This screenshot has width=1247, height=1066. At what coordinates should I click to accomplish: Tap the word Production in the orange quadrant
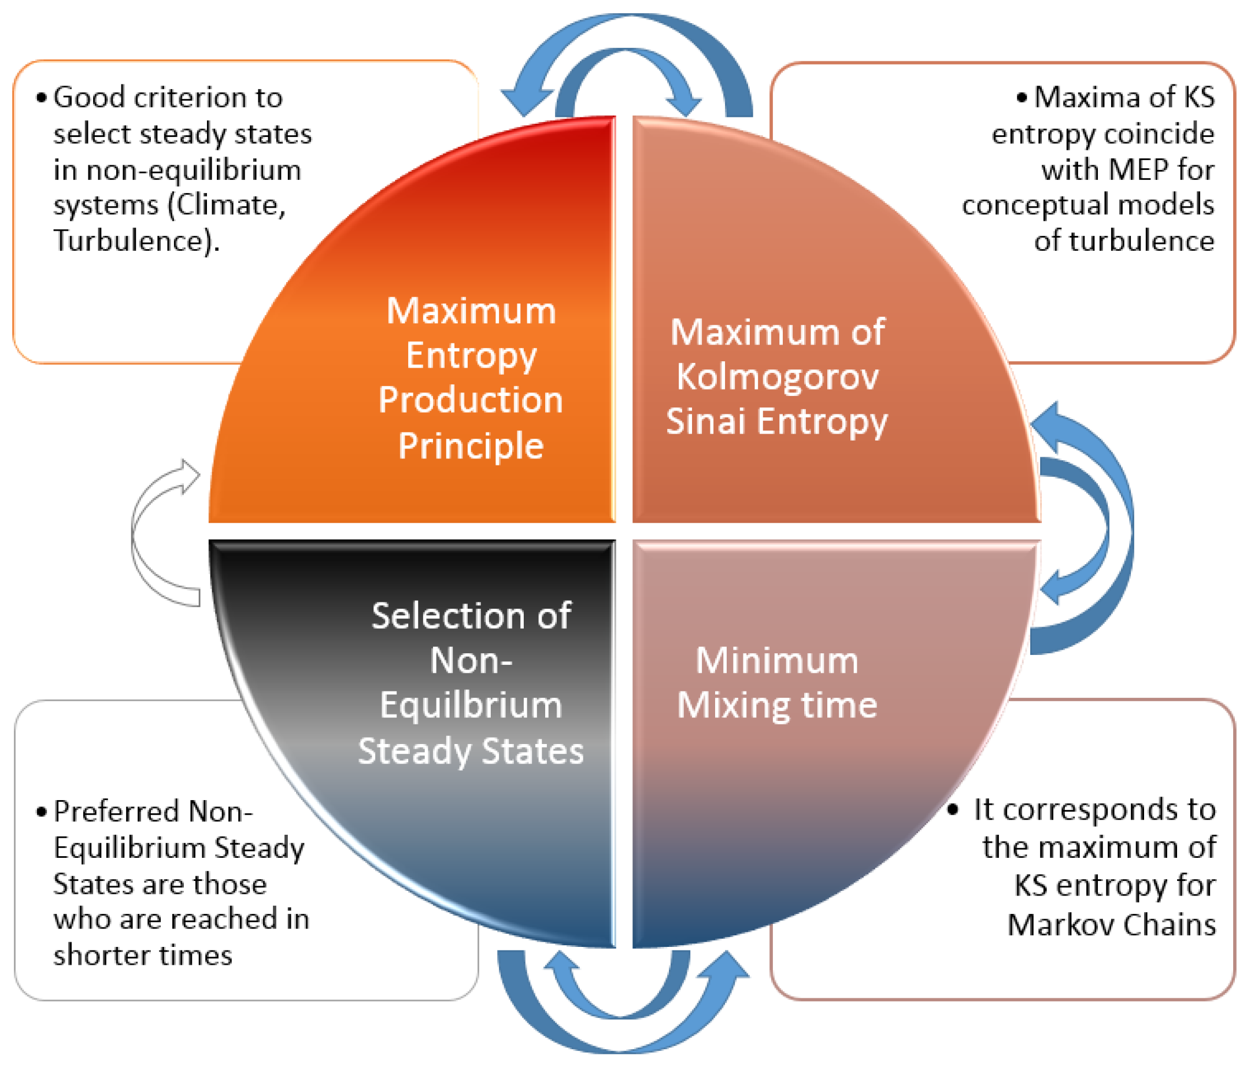471,399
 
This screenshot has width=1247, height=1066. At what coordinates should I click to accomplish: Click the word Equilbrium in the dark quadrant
471,705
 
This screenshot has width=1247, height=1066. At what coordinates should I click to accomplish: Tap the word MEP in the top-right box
1139,169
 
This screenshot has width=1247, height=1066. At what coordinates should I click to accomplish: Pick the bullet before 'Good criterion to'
41,98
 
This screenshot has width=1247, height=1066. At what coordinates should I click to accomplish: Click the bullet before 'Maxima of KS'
1022,98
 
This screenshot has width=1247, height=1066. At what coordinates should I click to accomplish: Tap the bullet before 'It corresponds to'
953,809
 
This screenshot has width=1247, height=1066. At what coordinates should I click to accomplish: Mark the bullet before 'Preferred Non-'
41,812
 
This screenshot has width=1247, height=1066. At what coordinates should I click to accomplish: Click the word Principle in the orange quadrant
471,446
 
